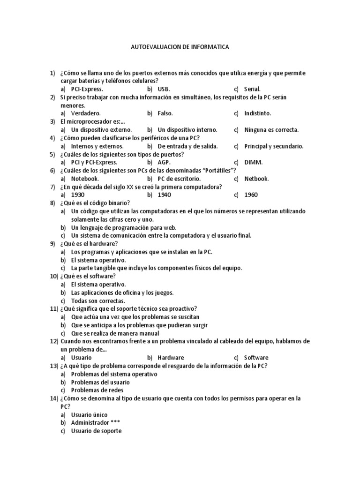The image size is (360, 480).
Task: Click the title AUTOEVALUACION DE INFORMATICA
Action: pyautogui.click(x=180, y=47)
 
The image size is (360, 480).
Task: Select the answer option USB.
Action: pyautogui.click(x=164, y=89)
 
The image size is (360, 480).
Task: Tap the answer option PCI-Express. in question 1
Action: pyautogui.click(x=87, y=89)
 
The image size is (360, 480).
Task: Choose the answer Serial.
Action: pyautogui.click(x=252, y=89)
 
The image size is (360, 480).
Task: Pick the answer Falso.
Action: pyautogui.click(x=165, y=113)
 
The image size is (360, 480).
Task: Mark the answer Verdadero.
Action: pyautogui.click(x=86, y=113)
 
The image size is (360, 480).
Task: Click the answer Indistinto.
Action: pyautogui.click(x=257, y=113)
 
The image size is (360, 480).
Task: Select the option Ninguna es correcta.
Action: pyautogui.click(x=271, y=130)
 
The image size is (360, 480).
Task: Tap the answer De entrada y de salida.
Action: pyautogui.click(x=187, y=146)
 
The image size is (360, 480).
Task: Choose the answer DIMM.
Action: pyautogui.click(x=254, y=162)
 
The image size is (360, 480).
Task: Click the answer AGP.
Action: pyautogui.click(x=164, y=162)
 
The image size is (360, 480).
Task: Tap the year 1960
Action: pyautogui.click(x=251, y=195)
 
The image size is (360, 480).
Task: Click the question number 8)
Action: pyautogui.click(x=52, y=203)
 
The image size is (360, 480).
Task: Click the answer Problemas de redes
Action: pyautogui.click(x=97, y=390)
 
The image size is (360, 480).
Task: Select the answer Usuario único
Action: pyautogui.click(x=89, y=414)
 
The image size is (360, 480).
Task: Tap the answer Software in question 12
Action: pyautogui.click(x=256, y=358)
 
